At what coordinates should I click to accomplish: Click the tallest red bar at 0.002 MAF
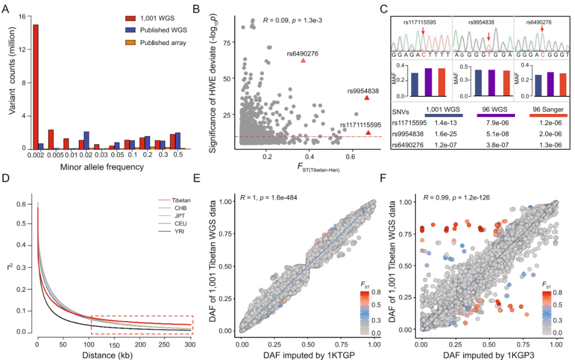pyautogui.click(x=36, y=86)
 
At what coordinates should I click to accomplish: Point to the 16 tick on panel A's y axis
pyautogui.click(x=21, y=16)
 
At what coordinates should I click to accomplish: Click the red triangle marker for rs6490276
pyautogui.click(x=303, y=61)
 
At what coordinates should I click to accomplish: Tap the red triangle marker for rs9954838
pyautogui.click(x=367, y=98)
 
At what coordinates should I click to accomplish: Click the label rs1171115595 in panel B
pyautogui.click(x=360, y=125)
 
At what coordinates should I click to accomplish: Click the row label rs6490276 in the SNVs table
pyautogui.click(x=407, y=143)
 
